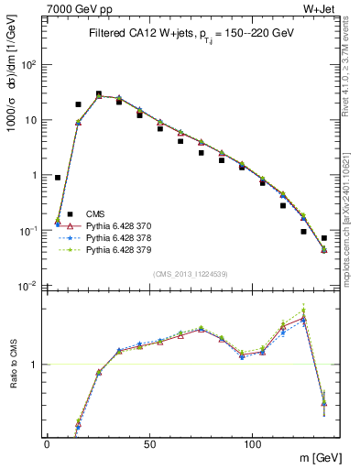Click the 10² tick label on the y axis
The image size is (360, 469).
[x=28, y=65]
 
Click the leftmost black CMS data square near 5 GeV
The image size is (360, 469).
[x=58, y=178]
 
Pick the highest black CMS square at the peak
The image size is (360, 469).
[x=99, y=93]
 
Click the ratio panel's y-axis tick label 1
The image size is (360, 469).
[x=34, y=365]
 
